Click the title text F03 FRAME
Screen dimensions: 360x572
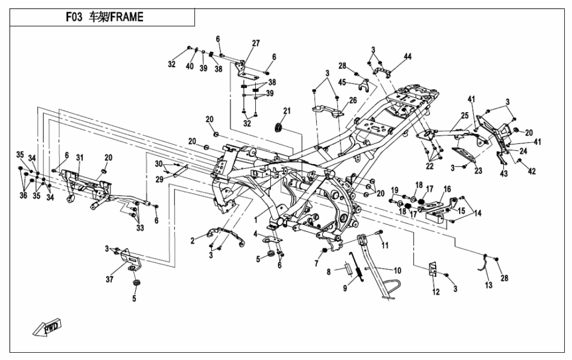104,17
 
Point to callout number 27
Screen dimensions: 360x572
256,44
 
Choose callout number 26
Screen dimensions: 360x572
352,100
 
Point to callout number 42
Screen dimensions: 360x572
531,171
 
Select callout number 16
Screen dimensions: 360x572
447,190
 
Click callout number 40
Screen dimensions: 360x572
190,66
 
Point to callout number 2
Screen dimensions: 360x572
192,241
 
